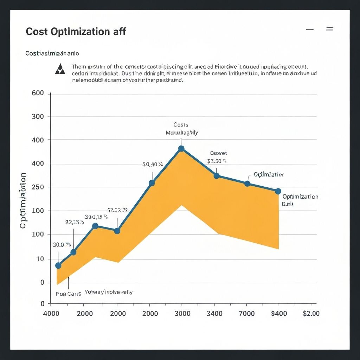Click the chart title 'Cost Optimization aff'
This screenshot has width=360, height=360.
click(76, 32)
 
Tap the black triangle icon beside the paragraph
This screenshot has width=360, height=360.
click(60, 69)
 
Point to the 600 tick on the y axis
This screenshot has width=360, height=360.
click(38, 94)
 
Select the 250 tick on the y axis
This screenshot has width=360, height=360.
click(38, 187)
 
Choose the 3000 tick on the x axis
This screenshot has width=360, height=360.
click(182, 313)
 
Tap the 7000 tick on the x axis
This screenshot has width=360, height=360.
click(247, 313)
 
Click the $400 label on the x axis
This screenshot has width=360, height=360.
click(279, 313)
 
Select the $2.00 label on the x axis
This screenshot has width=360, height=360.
click(311, 313)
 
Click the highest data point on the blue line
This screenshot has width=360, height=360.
click(181, 149)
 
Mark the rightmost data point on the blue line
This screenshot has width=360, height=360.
click(278, 191)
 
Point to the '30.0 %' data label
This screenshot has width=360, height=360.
click(62, 245)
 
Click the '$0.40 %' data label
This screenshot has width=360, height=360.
click(153, 164)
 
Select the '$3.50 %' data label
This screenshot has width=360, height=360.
click(217, 161)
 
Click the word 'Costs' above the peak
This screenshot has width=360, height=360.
click(181, 125)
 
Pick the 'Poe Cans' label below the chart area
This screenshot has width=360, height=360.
click(68, 294)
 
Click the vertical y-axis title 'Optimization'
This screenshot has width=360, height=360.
click(23, 200)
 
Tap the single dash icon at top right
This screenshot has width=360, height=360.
click(310, 30)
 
